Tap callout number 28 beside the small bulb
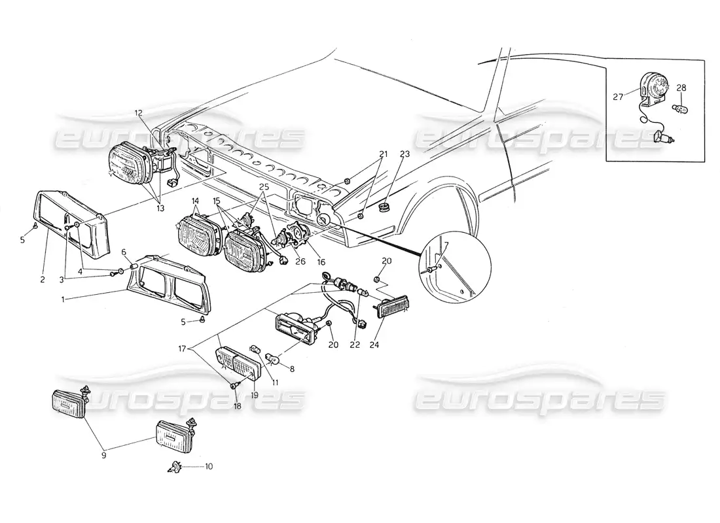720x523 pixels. (681, 88)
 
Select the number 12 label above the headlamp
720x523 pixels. (139, 113)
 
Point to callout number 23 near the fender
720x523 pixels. (404, 154)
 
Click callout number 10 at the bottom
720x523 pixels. (209, 467)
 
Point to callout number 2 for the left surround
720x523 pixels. (41, 279)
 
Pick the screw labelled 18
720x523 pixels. (234, 386)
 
